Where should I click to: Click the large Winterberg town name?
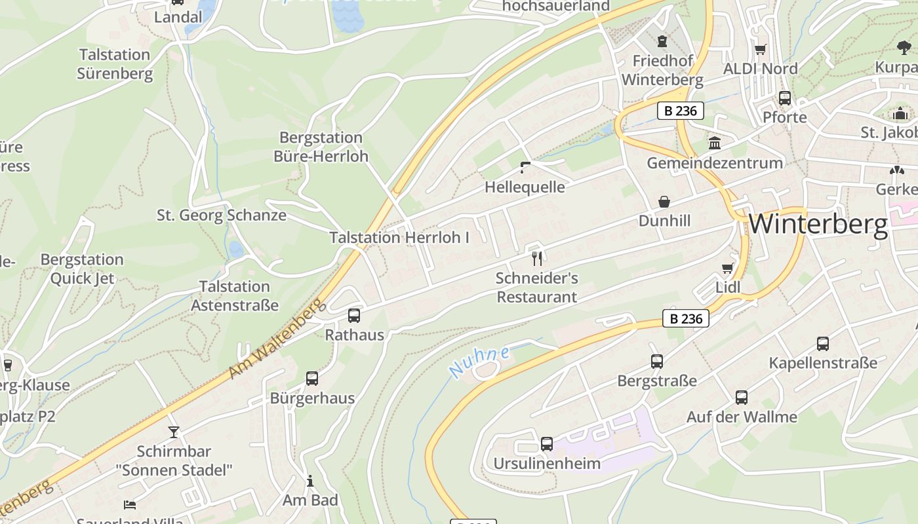point(818,224)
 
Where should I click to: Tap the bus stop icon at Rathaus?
point(354,316)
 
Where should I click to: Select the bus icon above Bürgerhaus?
point(312,379)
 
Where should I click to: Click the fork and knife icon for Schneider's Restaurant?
point(537,259)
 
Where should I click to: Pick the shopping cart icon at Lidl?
point(727,268)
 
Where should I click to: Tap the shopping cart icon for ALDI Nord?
point(761,49)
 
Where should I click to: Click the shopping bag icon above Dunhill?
point(664,202)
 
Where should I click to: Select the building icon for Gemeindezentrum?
point(715,143)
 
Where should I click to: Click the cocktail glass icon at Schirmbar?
point(174,432)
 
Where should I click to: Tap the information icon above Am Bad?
point(310,481)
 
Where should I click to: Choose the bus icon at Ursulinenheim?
point(546,444)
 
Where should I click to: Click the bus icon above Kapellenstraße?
point(823,344)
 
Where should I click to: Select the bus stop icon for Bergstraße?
point(656,362)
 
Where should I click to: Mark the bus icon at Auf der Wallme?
point(742,398)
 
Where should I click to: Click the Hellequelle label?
point(525,187)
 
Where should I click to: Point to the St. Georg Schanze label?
point(221,215)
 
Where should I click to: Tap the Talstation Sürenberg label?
point(115,64)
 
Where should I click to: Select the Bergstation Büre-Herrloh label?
point(321,147)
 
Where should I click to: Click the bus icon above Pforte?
point(785,98)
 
